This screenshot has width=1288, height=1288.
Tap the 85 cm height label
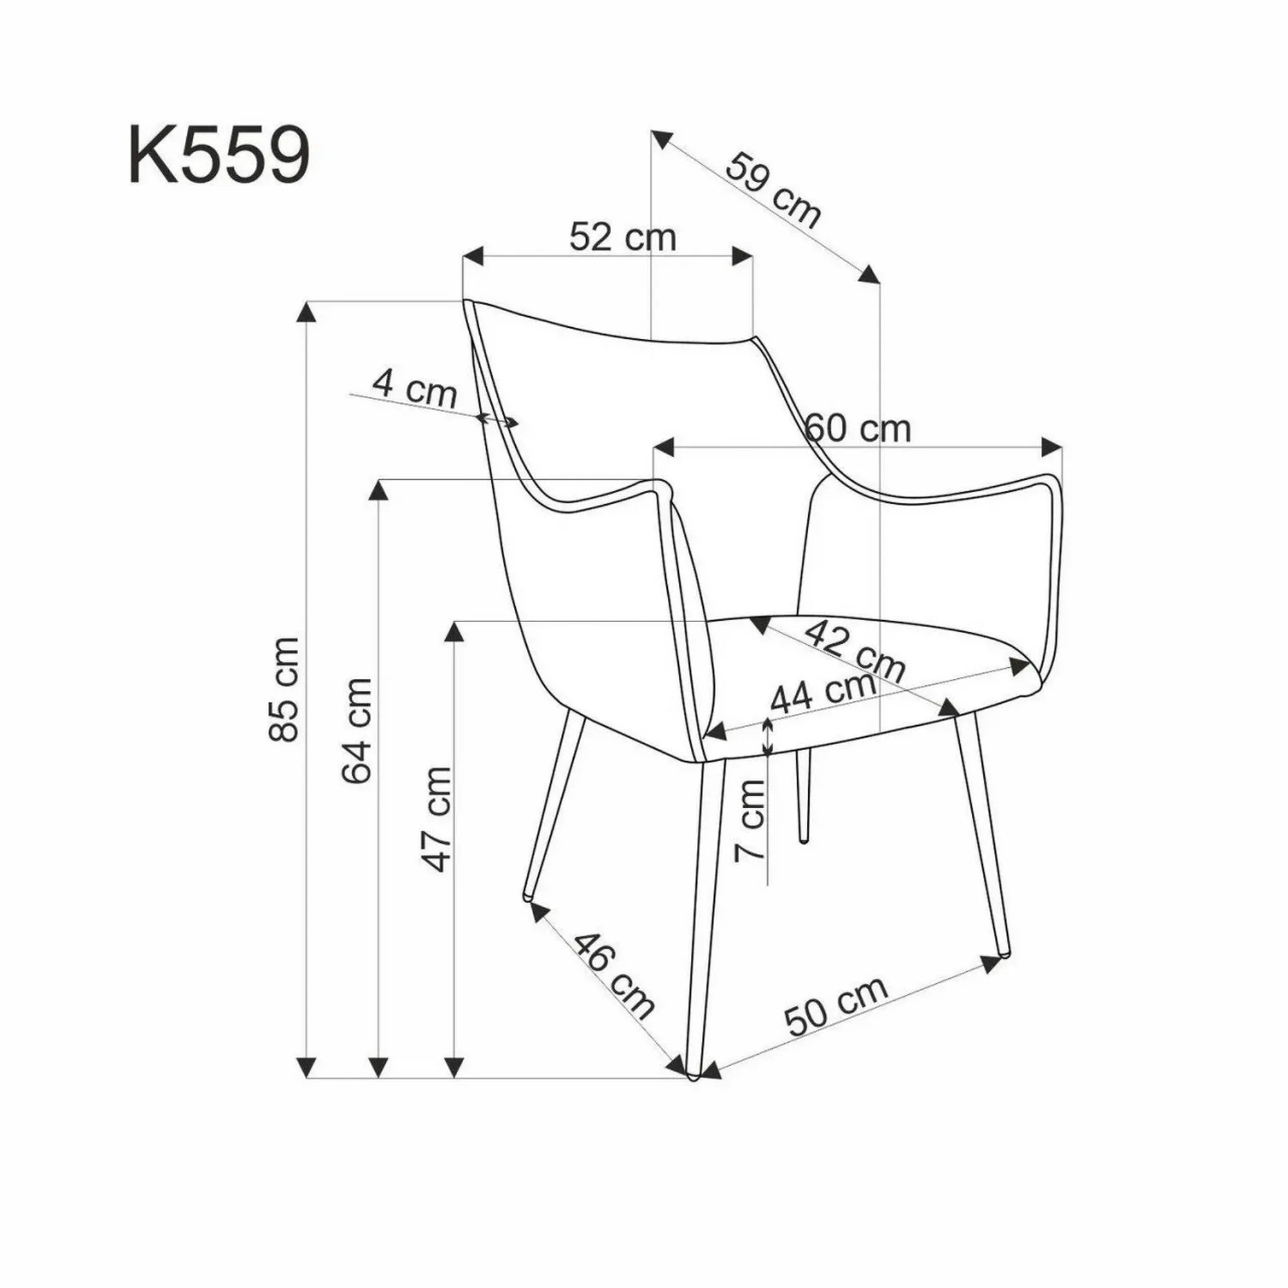(283, 688)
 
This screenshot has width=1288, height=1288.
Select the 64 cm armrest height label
(356, 731)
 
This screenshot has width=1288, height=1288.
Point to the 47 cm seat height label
(438, 819)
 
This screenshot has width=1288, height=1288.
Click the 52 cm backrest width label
(623, 238)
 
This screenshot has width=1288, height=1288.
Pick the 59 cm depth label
(773, 191)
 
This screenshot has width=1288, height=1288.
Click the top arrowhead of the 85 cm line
(306, 313)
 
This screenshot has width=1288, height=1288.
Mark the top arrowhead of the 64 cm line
(379, 492)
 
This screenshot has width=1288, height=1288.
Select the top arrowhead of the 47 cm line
(455, 631)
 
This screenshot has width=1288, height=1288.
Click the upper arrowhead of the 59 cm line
(661, 139)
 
